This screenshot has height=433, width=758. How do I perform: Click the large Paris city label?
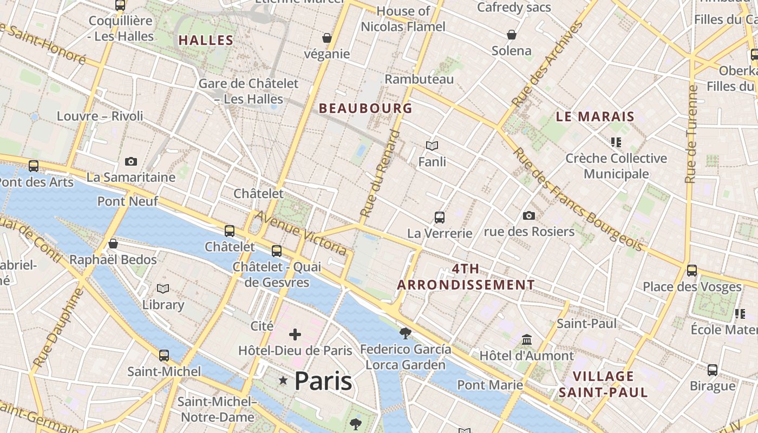click(x=323, y=381)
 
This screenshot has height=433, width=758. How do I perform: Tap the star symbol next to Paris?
click(x=283, y=381)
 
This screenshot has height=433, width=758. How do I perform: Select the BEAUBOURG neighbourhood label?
click(x=365, y=108)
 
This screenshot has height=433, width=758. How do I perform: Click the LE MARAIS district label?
click(x=595, y=116)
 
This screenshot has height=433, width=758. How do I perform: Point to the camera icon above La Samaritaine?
click(x=130, y=161)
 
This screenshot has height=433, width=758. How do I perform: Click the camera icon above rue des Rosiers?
click(x=529, y=215)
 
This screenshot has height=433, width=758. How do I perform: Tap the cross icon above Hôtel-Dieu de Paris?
click(x=295, y=334)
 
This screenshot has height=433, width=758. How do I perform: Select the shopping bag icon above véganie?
click(x=327, y=38)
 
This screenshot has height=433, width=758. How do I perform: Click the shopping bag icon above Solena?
click(x=512, y=35)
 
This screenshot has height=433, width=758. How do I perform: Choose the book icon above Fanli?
click(x=432, y=146)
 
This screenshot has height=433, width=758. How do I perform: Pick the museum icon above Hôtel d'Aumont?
click(x=526, y=340)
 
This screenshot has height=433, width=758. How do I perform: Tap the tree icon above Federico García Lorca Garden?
click(x=404, y=333)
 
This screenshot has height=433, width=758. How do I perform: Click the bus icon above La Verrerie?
click(x=440, y=218)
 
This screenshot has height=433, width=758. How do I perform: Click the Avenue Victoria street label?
click(x=301, y=233)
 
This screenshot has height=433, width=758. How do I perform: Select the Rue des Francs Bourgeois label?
click(x=578, y=200)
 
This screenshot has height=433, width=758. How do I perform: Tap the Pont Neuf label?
click(x=128, y=201)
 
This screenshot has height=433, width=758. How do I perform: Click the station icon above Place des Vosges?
click(x=691, y=270)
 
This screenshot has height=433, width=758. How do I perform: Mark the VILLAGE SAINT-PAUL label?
click(x=603, y=384)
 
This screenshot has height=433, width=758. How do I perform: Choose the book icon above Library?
click(x=163, y=289)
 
